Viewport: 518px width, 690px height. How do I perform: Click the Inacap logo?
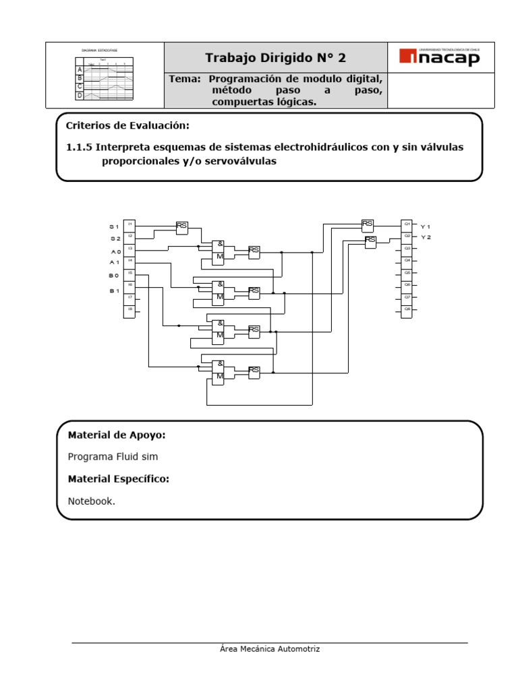point(440,58)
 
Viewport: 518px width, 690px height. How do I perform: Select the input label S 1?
point(115,226)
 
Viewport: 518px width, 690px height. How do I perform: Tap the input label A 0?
point(115,251)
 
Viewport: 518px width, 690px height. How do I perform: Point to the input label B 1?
point(115,290)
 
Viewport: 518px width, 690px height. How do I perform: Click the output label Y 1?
point(425,226)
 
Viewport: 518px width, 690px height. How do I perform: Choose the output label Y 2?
point(426,238)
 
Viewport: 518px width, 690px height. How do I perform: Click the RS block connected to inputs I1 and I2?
point(182,228)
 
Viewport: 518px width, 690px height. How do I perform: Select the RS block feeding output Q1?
point(368,224)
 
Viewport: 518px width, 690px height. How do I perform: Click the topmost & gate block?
point(219,245)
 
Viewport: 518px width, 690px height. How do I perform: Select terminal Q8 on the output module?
point(407,310)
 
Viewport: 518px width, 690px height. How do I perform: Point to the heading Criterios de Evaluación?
point(127,126)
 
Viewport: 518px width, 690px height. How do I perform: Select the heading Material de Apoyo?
point(117,435)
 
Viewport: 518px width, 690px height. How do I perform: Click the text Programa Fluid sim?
point(113,457)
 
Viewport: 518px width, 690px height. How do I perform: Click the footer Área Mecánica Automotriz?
point(270,649)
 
